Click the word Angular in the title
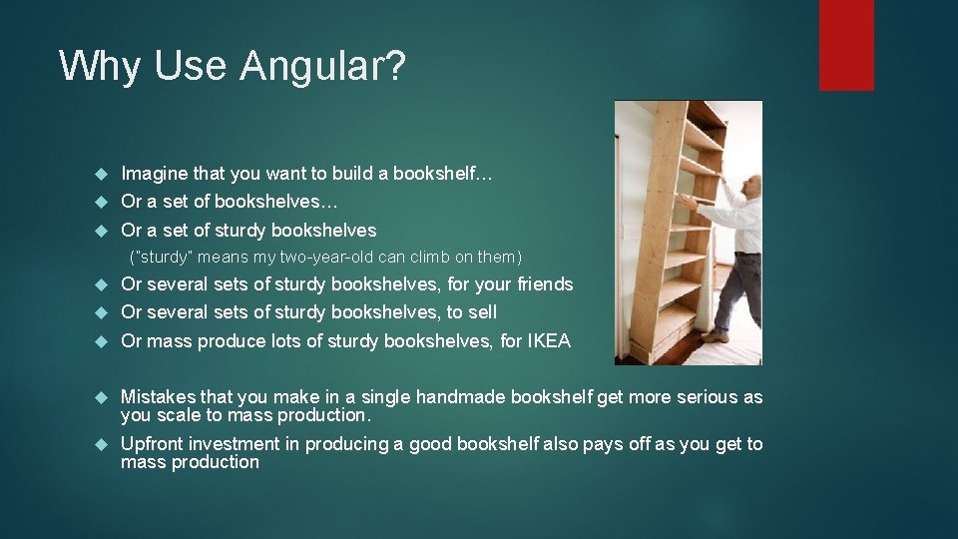pyautogui.click(x=320, y=66)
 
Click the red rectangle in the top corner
pyautogui.click(x=845, y=45)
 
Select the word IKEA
pyautogui.click(x=549, y=341)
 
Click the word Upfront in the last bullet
pyautogui.click(x=152, y=444)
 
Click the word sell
pyautogui.click(x=481, y=312)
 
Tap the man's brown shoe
pyautogui.click(x=715, y=336)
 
